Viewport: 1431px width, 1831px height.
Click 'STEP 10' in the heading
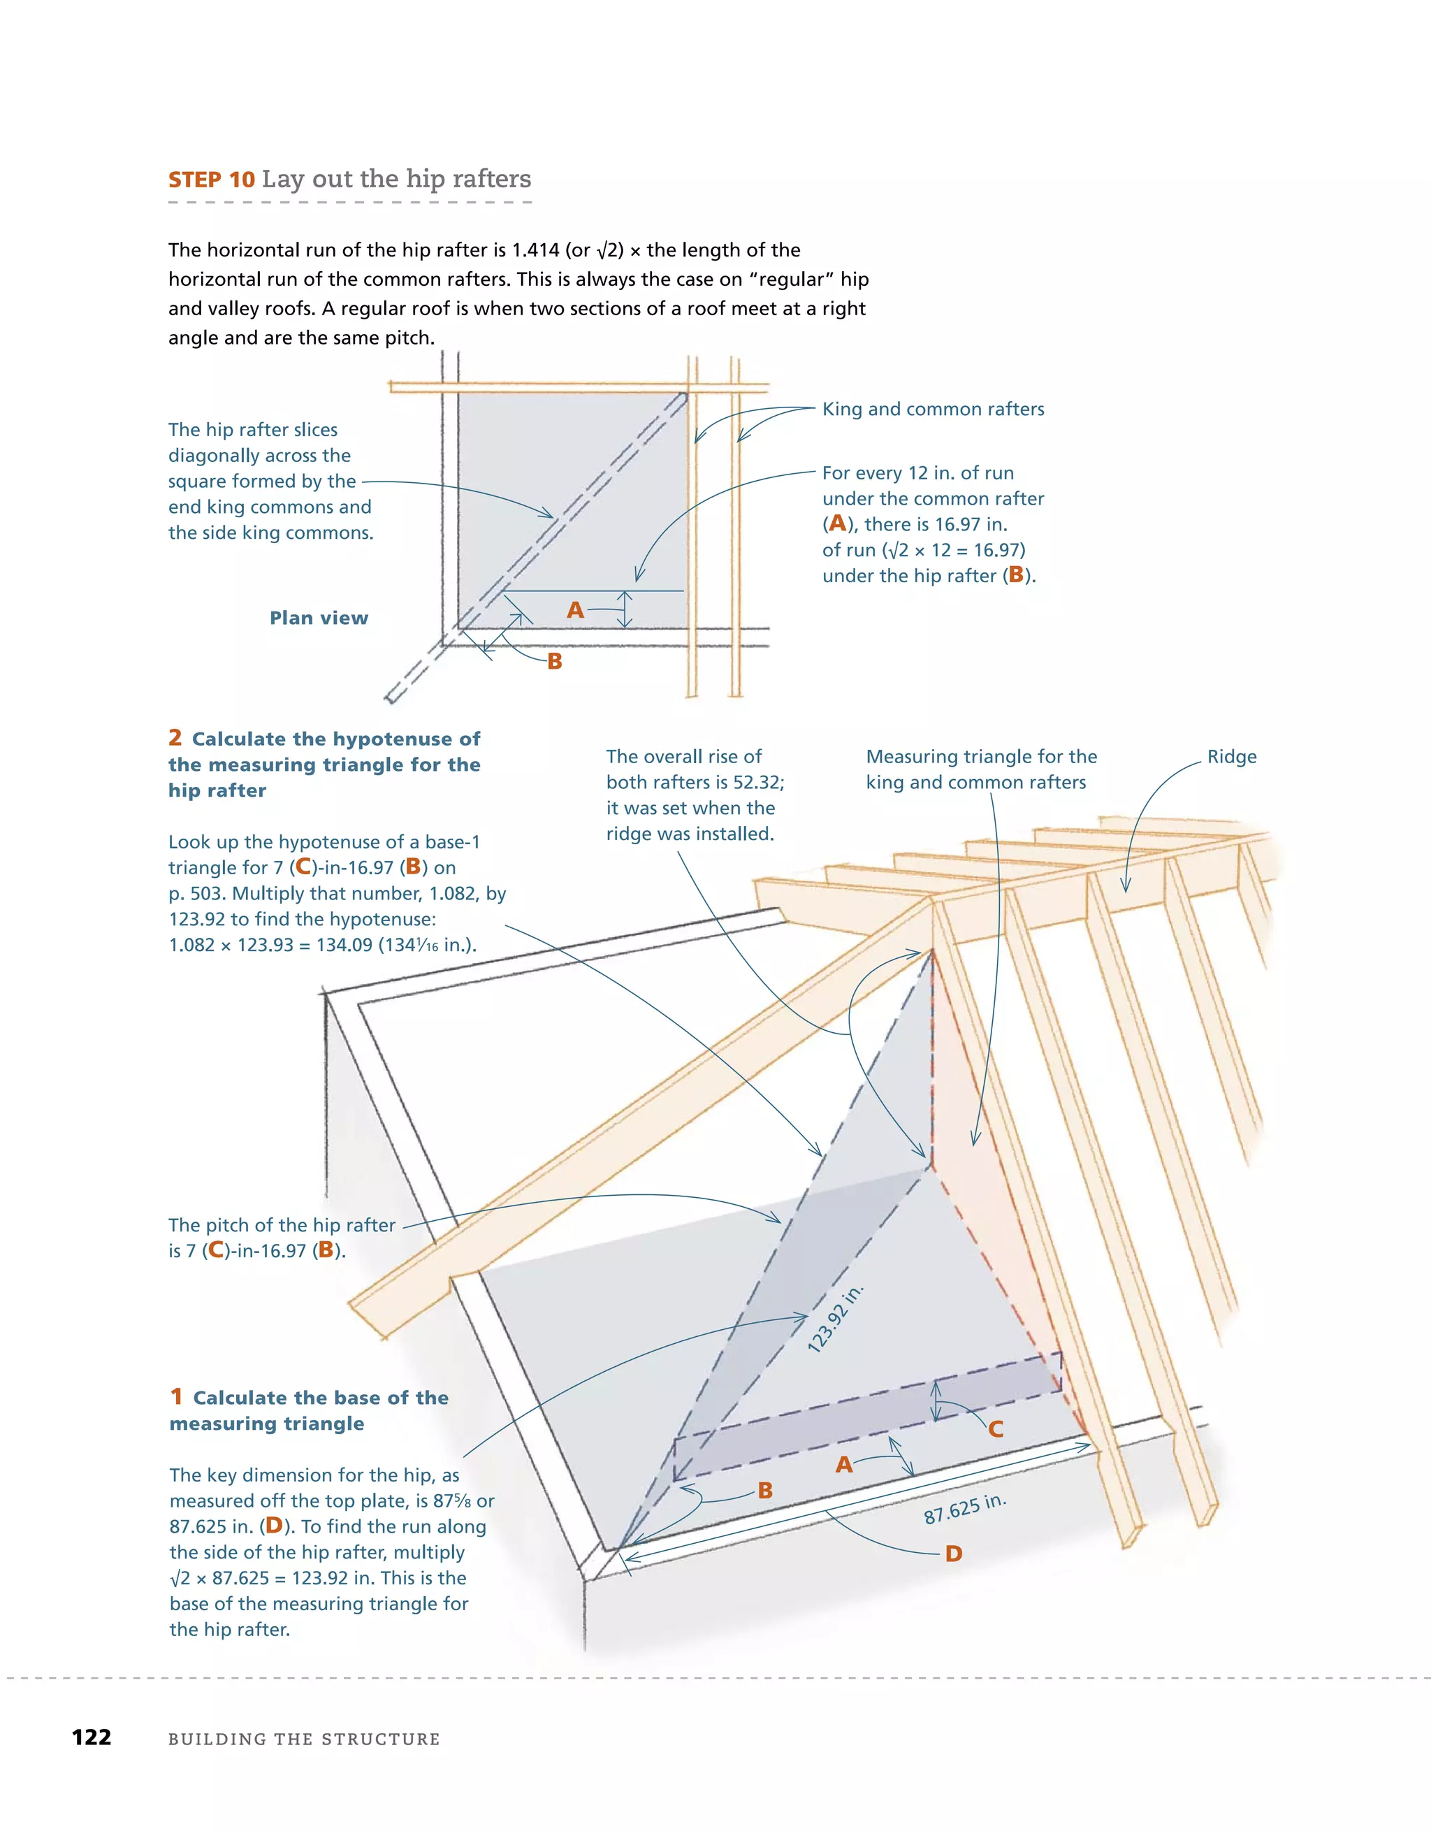211,180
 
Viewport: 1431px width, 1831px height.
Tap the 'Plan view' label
319,618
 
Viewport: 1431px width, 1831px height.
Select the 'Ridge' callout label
1230,756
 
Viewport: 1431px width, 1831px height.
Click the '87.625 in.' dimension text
964,1509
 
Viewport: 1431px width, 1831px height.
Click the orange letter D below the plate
953,1554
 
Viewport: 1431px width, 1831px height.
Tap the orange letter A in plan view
575,609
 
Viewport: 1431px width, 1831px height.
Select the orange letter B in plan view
554,662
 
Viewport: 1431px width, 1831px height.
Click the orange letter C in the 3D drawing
996,1429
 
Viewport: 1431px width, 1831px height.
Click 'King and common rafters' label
932,409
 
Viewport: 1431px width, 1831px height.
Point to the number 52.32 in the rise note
757,782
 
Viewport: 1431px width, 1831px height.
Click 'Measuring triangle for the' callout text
981,756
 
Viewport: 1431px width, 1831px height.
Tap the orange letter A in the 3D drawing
844,1465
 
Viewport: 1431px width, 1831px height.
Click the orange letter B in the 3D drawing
764,1490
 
